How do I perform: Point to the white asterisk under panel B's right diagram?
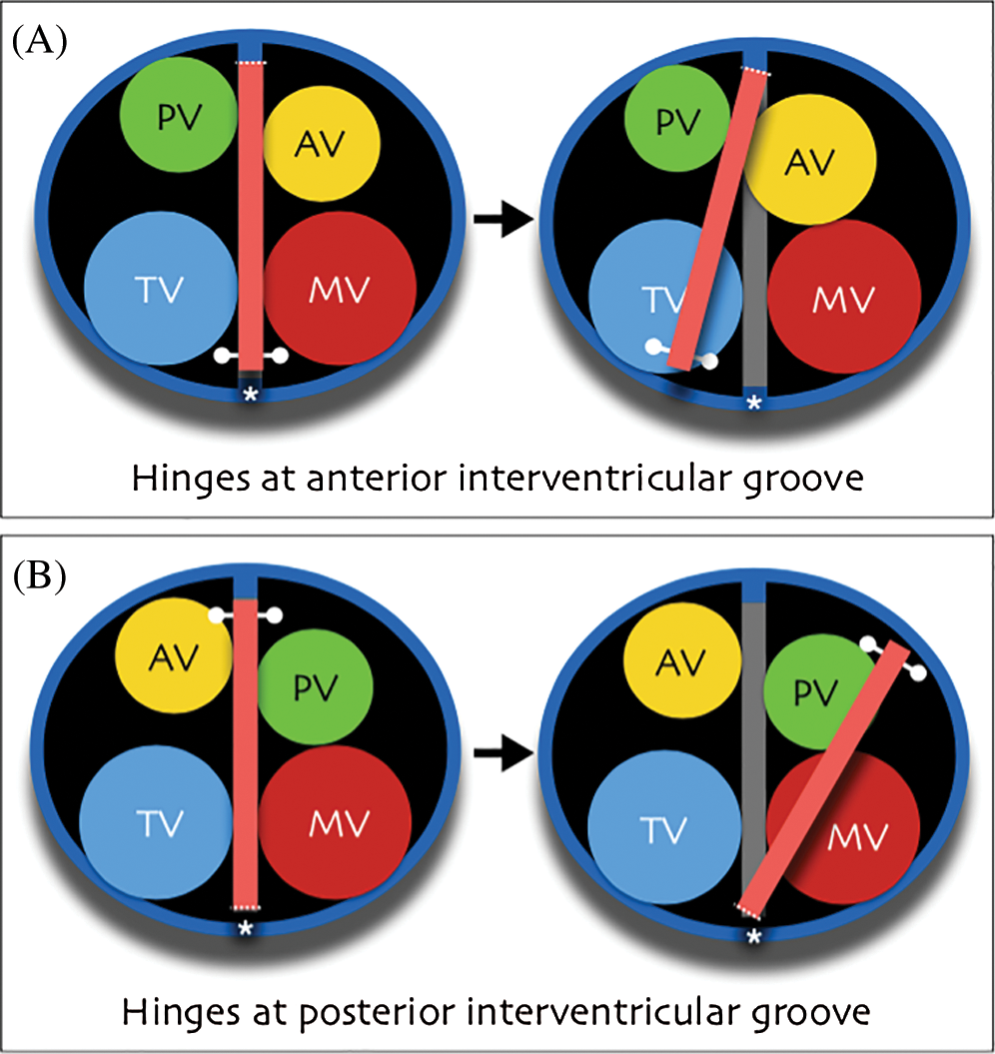pyautogui.click(x=754, y=936)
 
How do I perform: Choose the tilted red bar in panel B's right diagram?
pyautogui.click(x=824, y=779)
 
